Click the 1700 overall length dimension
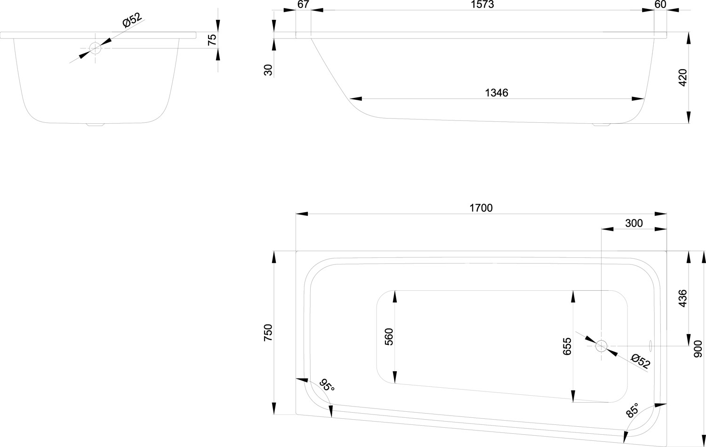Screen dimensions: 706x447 [x=481, y=208]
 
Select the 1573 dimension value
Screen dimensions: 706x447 [x=482, y=4]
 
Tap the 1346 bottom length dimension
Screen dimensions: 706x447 [x=497, y=93]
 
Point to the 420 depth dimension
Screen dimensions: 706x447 [x=682, y=78]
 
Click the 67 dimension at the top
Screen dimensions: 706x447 [x=303, y=4]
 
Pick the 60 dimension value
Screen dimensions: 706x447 [x=661, y=4]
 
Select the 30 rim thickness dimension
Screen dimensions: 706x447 [x=268, y=70]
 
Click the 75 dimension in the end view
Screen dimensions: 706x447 [x=212, y=40]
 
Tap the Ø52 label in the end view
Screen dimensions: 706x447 [x=132, y=20]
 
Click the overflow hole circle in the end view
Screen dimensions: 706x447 [x=95, y=48]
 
